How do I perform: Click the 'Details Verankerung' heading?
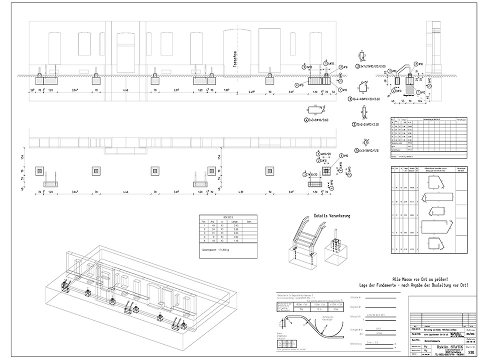(x=332, y=215)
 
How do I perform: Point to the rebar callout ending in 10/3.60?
(x=320, y=120)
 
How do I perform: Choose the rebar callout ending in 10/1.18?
(x=369, y=150)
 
